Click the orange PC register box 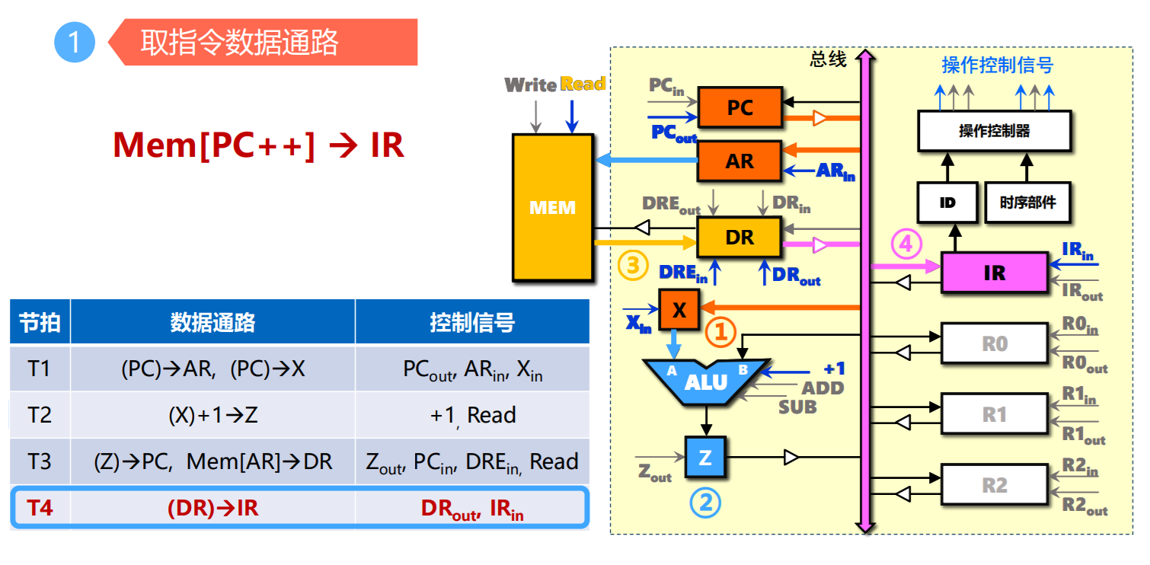click(740, 107)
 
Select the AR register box click(740, 161)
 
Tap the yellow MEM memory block click(553, 207)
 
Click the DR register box click(740, 237)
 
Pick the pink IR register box click(994, 273)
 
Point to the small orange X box click(679, 310)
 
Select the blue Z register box click(705, 457)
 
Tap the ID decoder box click(947, 203)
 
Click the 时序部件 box click(1027, 203)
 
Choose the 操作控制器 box click(994, 131)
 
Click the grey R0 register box click(994, 343)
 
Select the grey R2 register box click(994, 485)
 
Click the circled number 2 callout click(705, 502)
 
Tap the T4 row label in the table click(40, 507)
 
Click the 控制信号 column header click(472, 322)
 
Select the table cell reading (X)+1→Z click(212, 415)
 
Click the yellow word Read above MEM click(583, 84)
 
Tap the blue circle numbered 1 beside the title click(74, 42)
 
